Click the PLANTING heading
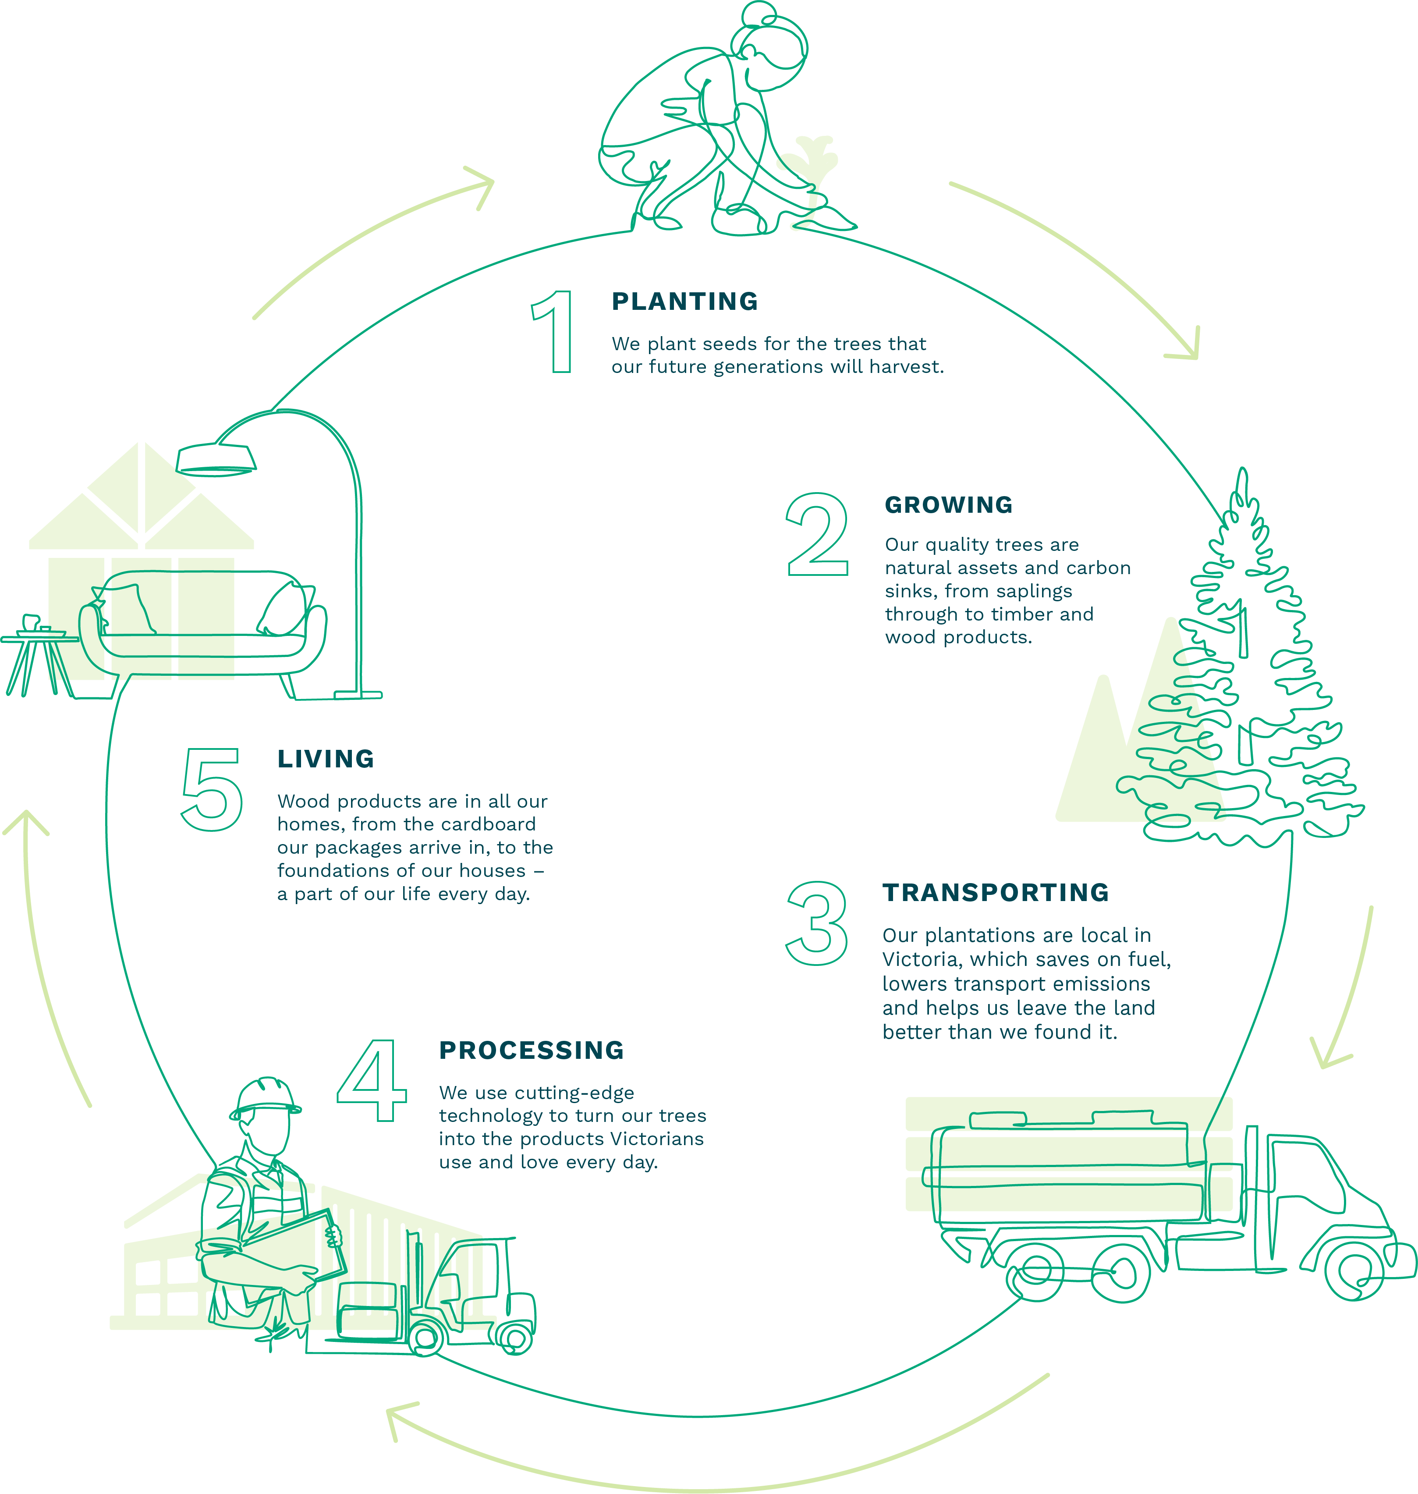(684, 302)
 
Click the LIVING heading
(326, 759)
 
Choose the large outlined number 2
(817, 535)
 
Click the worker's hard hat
(265, 1097)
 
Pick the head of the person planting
(771, 46)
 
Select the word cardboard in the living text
(488, 824)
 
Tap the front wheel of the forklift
(425, 1339)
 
